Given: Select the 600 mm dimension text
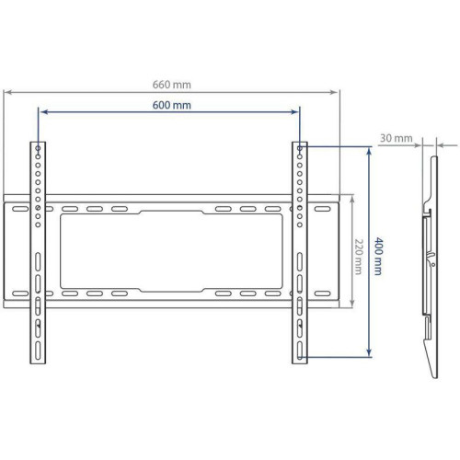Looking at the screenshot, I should tap(171, 105).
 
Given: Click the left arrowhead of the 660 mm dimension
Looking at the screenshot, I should tap(7, 91).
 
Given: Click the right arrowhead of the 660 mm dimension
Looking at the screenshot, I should tap(337, 91).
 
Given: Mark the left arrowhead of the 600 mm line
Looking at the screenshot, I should tap(42, 112).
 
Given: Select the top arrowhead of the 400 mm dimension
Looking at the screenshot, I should tap(369, 150).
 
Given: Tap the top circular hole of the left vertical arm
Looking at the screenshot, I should tap(37, 147).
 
